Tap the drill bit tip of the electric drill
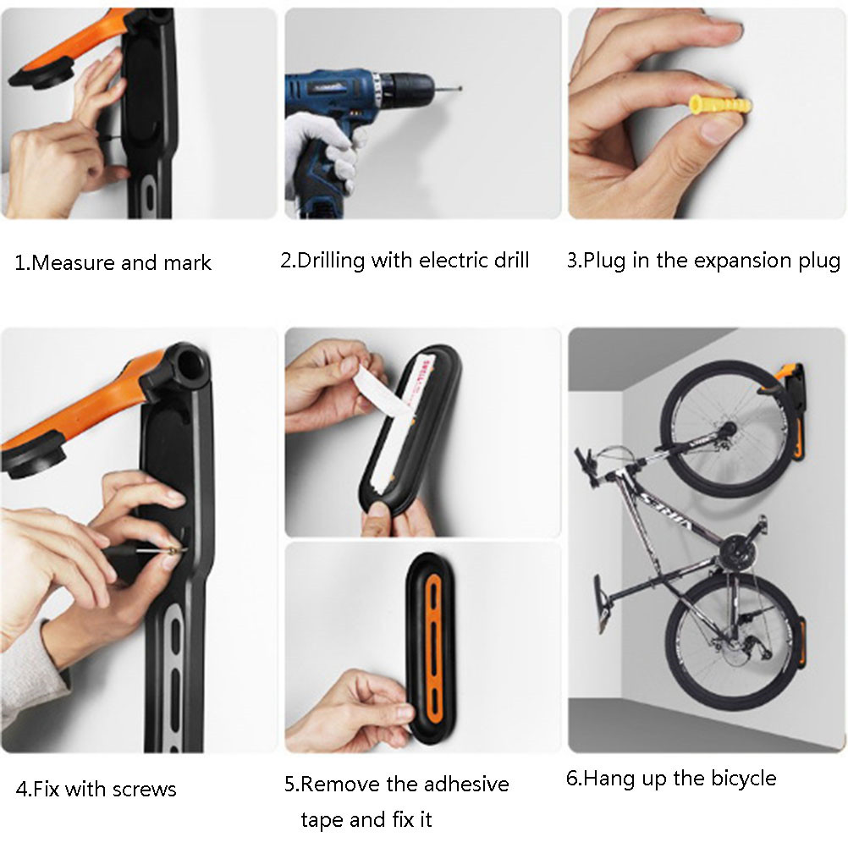pos(460,88)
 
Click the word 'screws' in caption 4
pos(145,790)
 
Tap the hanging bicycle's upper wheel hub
pos(727,429)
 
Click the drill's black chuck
pos(411,86)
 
